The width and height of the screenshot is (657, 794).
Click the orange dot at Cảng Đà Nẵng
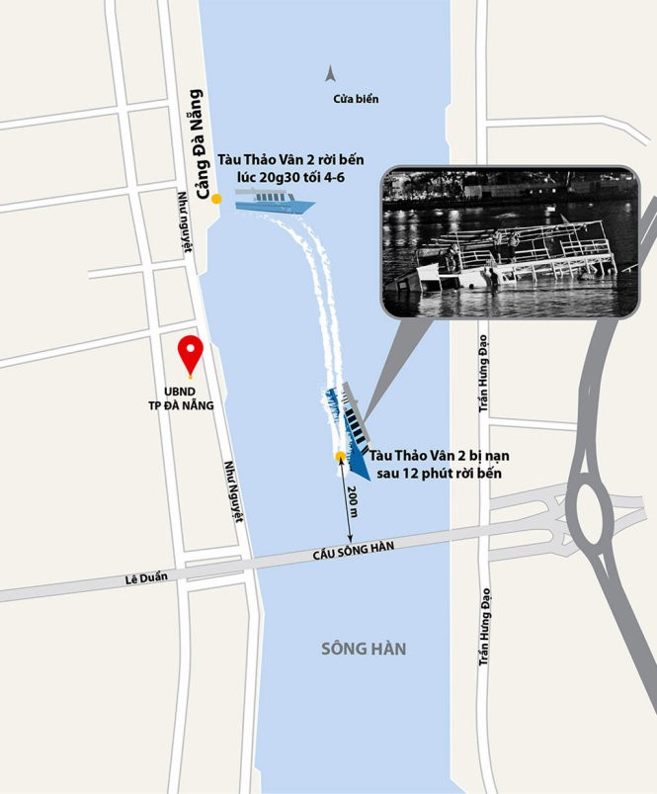pyautogui.click(x=216, y=200)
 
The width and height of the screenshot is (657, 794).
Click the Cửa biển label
pyautogui.click(x=356, y=99)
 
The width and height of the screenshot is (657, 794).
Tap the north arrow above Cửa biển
pyautogui.click(x=331, y=72)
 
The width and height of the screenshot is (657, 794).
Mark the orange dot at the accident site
pyautogui.click(x=340, y=456)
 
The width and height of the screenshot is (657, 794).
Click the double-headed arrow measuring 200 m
pyautogui.click(x=345, y=502)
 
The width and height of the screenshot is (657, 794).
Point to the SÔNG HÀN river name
pyautogui.click(x=364, y=649)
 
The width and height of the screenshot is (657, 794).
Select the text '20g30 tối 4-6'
pyautogui.click(x=289, y=178)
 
